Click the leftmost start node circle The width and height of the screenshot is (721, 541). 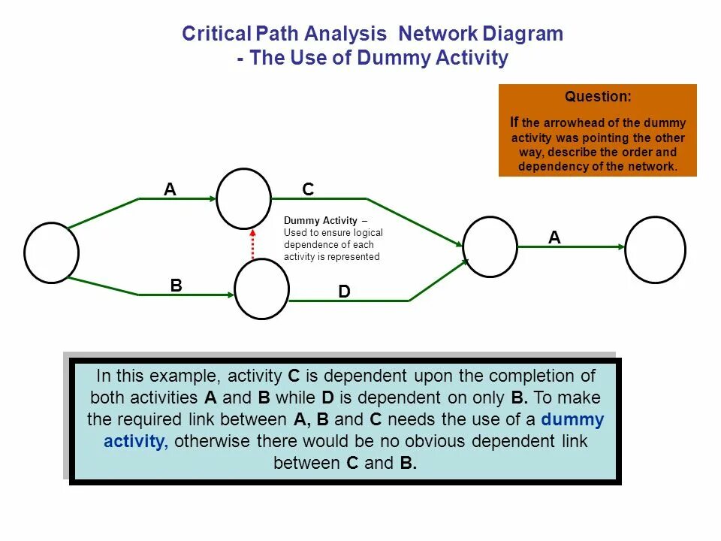tap(51, 252)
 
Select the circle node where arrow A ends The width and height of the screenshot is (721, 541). tap(243, 198)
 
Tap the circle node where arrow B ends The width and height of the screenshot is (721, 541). tap(261, 289)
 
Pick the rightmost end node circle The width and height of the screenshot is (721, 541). tap(655, 249)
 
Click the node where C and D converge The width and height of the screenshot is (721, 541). tap(490, 246)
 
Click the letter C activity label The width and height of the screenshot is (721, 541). tap(308, 189)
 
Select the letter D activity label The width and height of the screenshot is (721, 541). tap(344, 292)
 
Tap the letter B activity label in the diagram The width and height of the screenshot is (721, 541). tap(176, 286)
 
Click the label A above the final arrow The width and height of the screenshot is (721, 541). tap(554, 237)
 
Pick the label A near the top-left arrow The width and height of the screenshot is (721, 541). tap(170, 189)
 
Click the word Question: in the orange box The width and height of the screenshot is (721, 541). tap(598, 97)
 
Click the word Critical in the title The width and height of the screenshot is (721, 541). tap(217, 34)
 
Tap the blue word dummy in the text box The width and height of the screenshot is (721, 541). tap(572, 419)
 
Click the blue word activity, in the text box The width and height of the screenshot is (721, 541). tap(136, 441)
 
